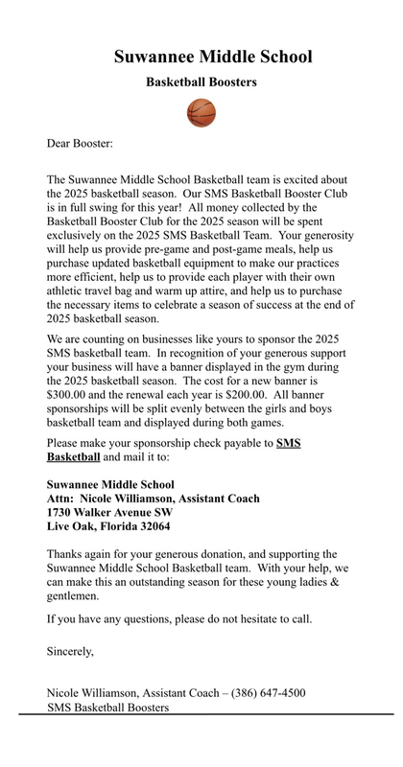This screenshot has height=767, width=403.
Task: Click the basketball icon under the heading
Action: pyautogui.click(x=201, y=113)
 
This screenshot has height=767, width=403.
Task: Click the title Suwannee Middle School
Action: pyautogui.click(x=213, y=57)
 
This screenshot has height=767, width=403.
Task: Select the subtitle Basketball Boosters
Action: pyautogui.click(x=201, y=83)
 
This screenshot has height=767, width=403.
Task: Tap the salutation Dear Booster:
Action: pyautogui.click(x=80, y=144)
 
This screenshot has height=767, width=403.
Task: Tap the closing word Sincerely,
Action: pyautogui.click(x=71, y=652)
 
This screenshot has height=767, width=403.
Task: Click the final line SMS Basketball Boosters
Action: pyautogui.click(x=108, y=708)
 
